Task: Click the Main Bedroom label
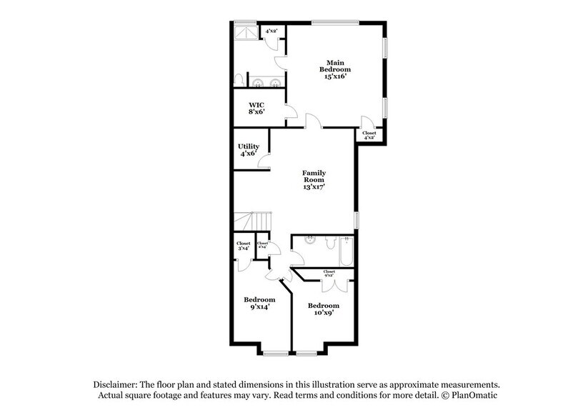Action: [x=336, y=69]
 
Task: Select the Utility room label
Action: [x=249, y=150]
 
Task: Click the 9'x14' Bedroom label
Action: [x=259, y=303]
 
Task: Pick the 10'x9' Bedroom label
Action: [x=323, y=309]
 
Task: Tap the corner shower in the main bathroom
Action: [x=245, y=32]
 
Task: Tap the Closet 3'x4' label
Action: [x=243, y=246]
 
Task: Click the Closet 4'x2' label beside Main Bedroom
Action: [x=369, y=135]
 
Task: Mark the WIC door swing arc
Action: [x=290, y=111]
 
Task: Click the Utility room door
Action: [x=264, y=161]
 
